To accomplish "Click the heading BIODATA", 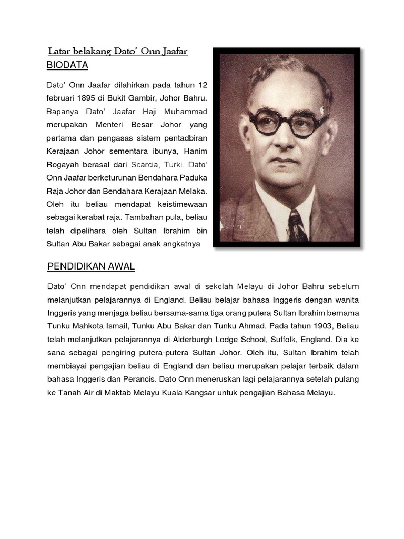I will (67, 65).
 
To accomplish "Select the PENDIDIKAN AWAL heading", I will (91, 266).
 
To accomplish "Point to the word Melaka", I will (193, 189).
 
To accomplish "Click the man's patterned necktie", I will (296, 226).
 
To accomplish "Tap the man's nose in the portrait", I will (282, 138).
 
